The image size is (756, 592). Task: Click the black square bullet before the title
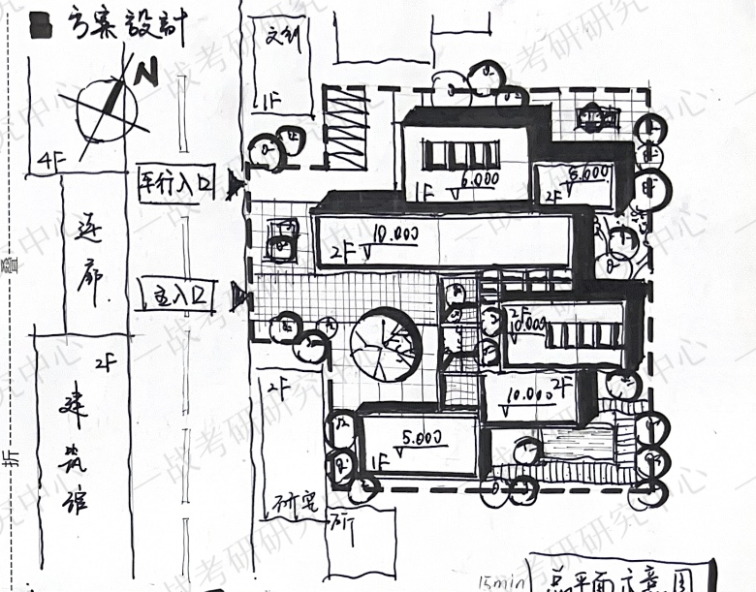41,24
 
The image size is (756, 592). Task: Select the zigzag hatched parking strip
345,130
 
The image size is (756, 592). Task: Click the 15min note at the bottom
501,582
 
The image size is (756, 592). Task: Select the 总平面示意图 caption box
619,577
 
